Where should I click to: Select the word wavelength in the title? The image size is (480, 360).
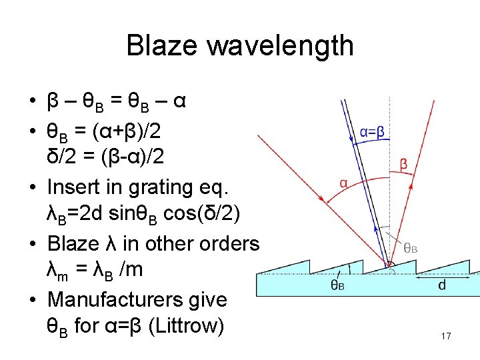coord(281,47)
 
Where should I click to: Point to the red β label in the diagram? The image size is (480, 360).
coord(404,164)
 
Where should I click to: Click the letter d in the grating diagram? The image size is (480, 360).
coord(442,285)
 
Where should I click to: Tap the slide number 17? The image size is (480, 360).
coord(446,336)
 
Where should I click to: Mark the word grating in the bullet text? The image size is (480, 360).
coord(159,187)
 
